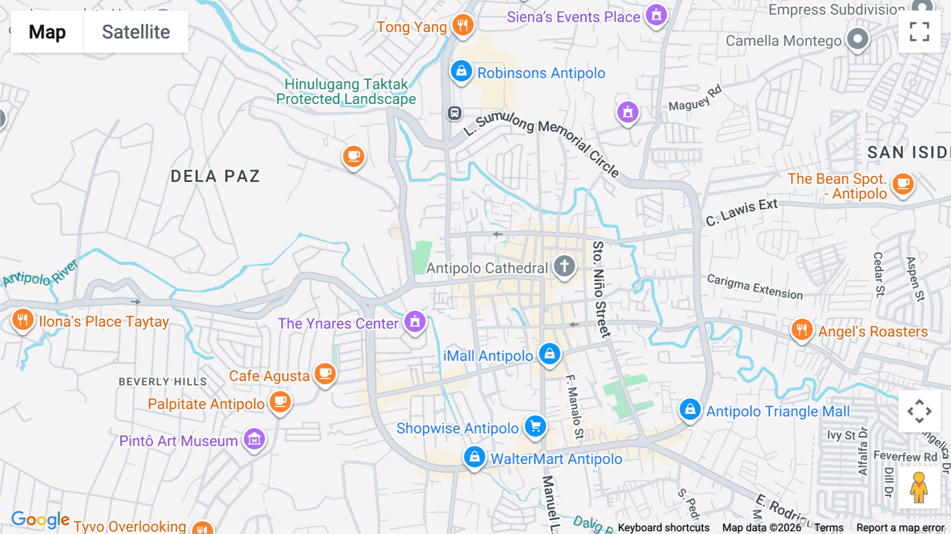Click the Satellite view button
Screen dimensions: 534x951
pyautogui.click(x=136, y=32)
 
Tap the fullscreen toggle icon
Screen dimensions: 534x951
pyautogui.click(x=919, y=32)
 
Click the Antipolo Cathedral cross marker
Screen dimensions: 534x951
pyautogui.click(x=564, y=266)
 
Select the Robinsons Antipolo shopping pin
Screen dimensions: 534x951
pyautogui.click(x=461, y=71)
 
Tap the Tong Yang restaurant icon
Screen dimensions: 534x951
pyautogui.click(x=463, y=25)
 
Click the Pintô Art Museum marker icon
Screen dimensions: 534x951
pyautogui.click(x=254, y=439)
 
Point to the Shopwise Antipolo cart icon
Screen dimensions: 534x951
pyautogui.click(x=535, y=426)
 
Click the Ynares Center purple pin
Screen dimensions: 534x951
pyautogui.click(x=415, y=321)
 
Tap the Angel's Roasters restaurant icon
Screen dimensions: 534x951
pyautogui.click(x=802, y=330)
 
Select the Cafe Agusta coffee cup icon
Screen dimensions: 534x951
pyautogui.click(x=325, y=374)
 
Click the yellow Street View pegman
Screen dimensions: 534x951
pyautogui.click(x=919, y=487)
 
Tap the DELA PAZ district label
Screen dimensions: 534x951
pyautogui.click(x=215, y=176)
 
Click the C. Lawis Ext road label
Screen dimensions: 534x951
pyautogui.click(x=742, y=211)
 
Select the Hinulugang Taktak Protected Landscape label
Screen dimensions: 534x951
pyautogui.click(x=346, y=92)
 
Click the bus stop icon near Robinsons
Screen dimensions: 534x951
pyautogui.click(x=454, y=113)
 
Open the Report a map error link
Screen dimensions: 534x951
pyautogui.click(x=900, y=528)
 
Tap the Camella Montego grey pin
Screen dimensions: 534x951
pyautogui.click(x=857, y=39)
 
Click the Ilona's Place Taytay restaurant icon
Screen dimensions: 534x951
pyautogui.click(x=23, y=319)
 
